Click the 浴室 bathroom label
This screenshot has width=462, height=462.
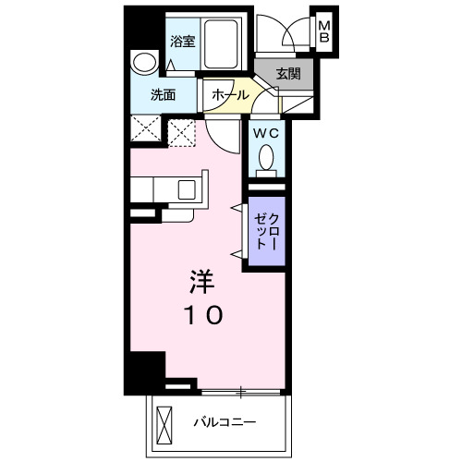pos(183,41)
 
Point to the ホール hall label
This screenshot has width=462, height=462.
pos(229,95)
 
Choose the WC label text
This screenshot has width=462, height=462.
pos(266,132)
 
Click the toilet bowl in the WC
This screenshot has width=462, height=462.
pos(266,161)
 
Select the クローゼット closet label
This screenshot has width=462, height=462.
pos(266,231)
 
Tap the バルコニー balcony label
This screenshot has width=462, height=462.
pos(225,423)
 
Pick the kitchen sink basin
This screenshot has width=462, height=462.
pos(187,191)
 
